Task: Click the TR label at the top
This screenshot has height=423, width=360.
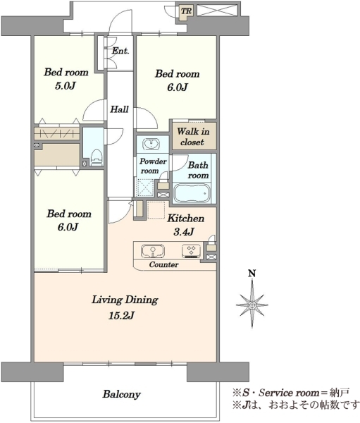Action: pyautogui.click(x=186, y=11)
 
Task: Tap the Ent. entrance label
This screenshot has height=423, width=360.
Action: pyautogui.click(x=120, y=51)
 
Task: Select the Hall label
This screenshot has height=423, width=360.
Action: pyautogui.click(x=119, y=109)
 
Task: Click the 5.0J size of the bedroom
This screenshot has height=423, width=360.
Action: pyautogui.click(x=65, y=86)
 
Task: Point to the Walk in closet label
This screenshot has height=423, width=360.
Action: pyautogui.click(x=193, y=137)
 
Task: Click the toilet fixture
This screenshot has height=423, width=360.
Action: pyautogui.click(x=97, y=158)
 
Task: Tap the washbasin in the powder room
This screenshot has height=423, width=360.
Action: pyautogui.click(x=151, y=144)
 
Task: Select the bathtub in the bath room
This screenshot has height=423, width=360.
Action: pyautogui.click(x=192, y=193)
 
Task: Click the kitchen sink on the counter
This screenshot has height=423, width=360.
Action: pyautogui.click(x=153, y=251)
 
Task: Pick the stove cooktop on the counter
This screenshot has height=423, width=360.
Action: pyautogui.click(x=192, y=251)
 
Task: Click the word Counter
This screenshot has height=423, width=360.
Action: pyautogui.click(x=163, y=264)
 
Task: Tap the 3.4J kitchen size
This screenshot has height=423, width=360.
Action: pyautogui.click(x=184, y=231)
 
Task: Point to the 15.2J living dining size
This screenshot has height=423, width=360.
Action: pyautogui.click(x=121, y=315)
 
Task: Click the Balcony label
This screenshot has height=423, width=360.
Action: pyautogui.click(x=121, y=394)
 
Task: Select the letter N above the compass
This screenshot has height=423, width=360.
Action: pyautogui.click(x=252, y=274)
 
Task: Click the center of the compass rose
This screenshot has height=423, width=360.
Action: pyautogui.click(x=252, y=305)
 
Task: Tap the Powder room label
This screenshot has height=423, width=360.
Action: pyautogui.click(x=153, y=166)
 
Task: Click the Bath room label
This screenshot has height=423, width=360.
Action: pyautogui.click(x=198, y=170)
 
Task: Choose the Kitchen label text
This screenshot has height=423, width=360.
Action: pyautogui.click(x=185, y=219)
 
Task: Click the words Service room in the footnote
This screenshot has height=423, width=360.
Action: pyautogui.click(x=289, y=393)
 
